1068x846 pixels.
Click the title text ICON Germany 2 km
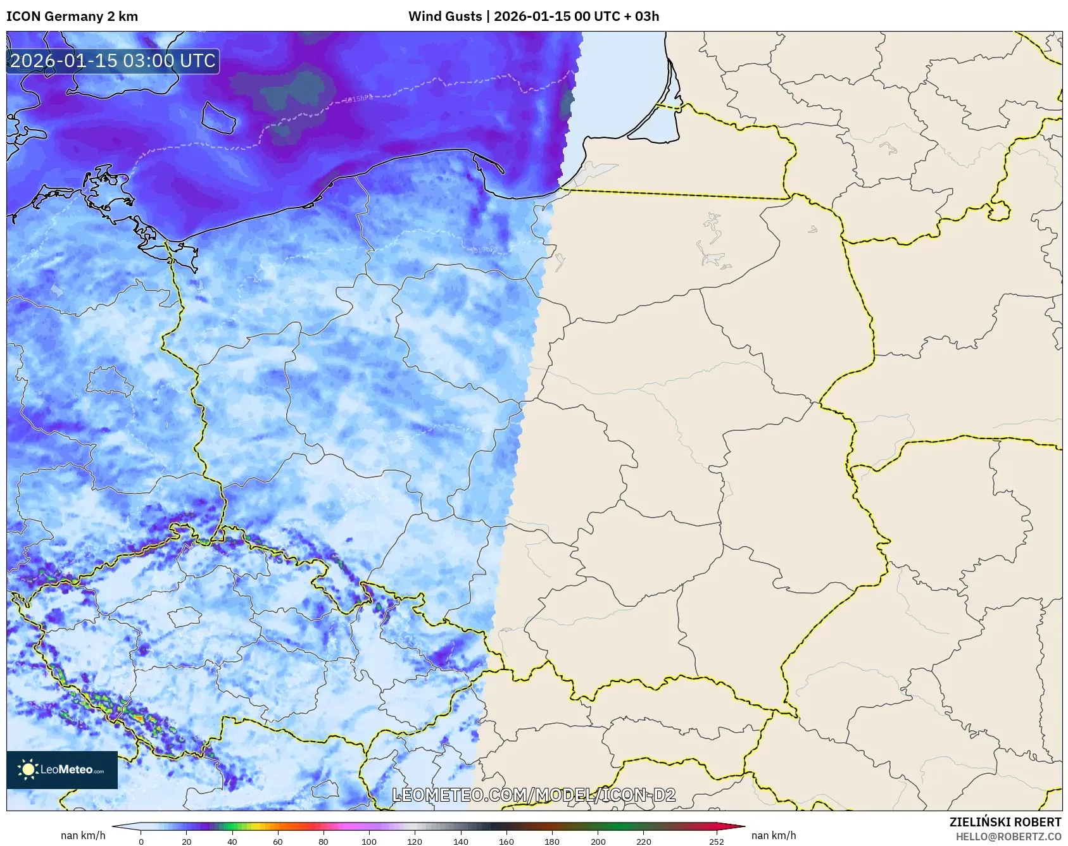[x=72, y=16]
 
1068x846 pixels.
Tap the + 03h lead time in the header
[x=643, y=16]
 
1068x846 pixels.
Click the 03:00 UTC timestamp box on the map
[x=113, y=61]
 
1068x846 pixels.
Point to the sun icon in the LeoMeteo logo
[x=28, y=769]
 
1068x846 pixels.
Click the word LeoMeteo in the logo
[x=67, y=770]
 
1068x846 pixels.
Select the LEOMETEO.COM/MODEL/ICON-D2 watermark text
[x=534, y=795]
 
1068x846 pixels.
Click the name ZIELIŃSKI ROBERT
[x=1005, y=822]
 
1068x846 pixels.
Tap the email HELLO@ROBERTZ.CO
[x=1008, y=837]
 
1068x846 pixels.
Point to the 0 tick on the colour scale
[x=141, y=842]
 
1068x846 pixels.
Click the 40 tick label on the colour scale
[x=232, y=842]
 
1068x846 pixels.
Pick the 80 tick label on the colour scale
[x=324, y=842]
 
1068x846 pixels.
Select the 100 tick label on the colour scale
[x=369, y=842]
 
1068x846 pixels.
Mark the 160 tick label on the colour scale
[x=506, y=842]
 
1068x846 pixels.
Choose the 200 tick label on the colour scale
[x=598, y=842]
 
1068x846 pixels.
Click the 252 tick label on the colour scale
[x=717, y=842]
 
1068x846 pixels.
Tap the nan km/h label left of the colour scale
[x=83, y=835]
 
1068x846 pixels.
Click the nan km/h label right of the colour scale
[x=774, y=835]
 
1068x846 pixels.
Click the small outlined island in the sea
[x=218, y=118]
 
